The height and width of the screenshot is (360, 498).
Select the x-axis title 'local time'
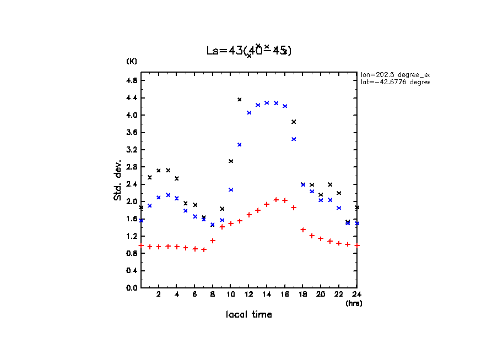tap(248, 315)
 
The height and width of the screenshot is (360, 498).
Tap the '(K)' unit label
tap(132, 61)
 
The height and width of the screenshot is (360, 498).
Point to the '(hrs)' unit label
tap(354, 303)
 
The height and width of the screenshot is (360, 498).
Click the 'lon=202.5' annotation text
tap(394, 74)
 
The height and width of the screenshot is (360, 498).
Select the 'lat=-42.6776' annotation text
tap(394, 82)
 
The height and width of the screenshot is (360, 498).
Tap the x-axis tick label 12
tap(248, 294)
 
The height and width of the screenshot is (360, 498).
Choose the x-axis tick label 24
tap(356, 294)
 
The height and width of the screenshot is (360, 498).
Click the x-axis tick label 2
tap(159, 294)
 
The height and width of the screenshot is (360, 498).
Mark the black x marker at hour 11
tap(240, 100)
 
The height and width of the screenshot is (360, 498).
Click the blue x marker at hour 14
tap(267, 102)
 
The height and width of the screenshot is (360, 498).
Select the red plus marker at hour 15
tap(276, 199)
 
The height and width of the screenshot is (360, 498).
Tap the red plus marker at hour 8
tap(213, 241)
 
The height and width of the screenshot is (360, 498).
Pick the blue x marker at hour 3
tap(168, 195)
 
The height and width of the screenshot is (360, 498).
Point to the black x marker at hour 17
tap(294, 122)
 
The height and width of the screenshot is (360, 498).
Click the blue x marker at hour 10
tap(231, 190)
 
